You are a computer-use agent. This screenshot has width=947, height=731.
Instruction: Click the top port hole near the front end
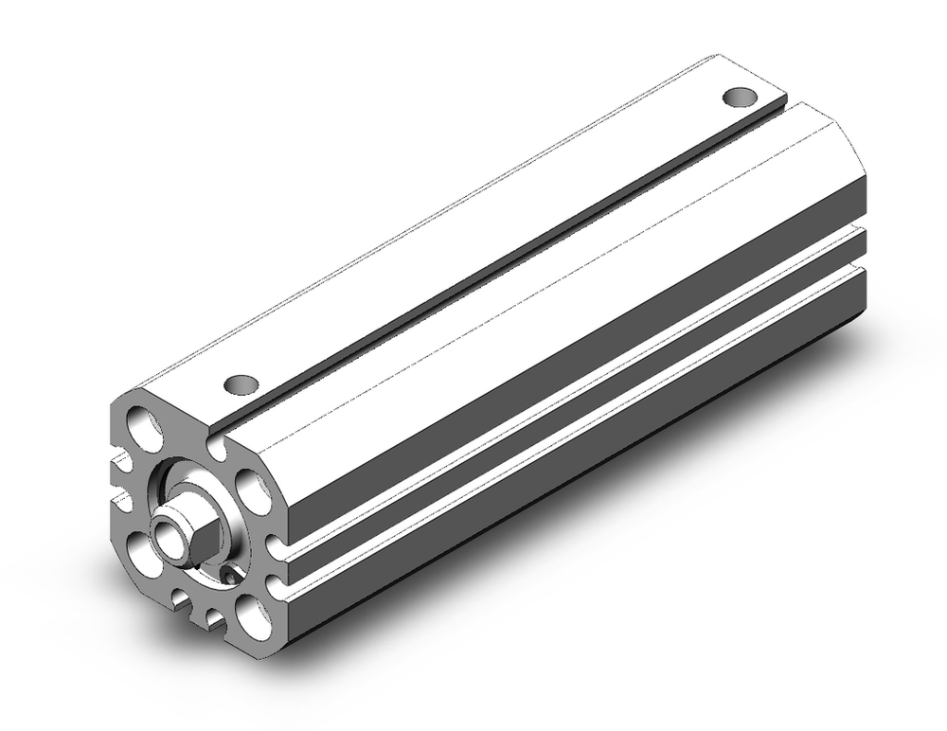pyautogui.click(x=241, y=383)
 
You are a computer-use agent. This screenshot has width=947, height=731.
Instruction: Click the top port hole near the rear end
pyautogui.click(x=741, y=97)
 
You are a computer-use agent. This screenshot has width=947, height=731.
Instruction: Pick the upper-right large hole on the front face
pyautogui.click(x=250, y=488)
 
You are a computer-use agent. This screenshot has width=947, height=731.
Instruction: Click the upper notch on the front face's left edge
pyautogui.click(x=121, y=463)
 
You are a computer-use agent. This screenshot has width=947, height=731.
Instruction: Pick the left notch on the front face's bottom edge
pyautogui.click(x=180, y=597)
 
